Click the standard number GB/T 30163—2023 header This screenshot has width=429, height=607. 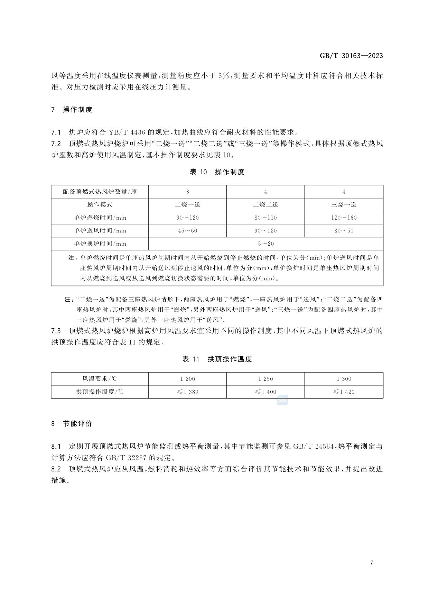[351, 56]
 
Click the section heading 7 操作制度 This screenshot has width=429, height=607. [72, 110]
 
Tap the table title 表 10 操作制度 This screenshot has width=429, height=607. [217, 172]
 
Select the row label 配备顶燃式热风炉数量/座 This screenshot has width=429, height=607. [100, 192]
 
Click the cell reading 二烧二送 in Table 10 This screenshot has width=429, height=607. [265, 205]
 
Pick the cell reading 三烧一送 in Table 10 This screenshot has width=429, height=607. [344, 205]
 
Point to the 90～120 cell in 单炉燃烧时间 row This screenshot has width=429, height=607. [187, 218]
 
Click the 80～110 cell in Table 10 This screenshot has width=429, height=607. [265, 218]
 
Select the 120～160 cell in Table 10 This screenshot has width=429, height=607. [344, 218]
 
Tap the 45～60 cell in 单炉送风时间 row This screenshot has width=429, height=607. [187, 231]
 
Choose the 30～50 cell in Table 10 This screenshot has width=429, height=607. [344, 231]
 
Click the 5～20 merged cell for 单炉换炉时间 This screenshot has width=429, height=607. [265, 244]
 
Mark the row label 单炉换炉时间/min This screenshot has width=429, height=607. [100, 244]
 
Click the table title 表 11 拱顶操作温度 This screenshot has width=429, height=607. [217, 359]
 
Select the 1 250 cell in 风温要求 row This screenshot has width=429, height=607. [265, 379]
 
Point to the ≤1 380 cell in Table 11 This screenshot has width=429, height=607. [187, 392]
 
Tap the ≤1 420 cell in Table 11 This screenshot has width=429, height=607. [344, 392]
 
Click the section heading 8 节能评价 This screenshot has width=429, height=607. [72, 424]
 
